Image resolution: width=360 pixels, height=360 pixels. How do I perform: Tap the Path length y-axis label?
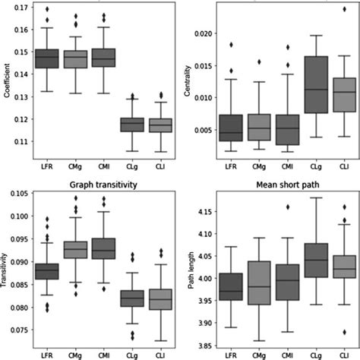tap(191, 270)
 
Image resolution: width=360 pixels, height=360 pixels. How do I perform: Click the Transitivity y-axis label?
tap(8, 270)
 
